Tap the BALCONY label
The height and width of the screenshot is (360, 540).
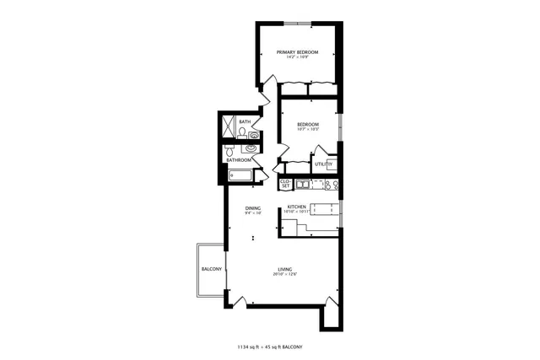[x=211, y=269]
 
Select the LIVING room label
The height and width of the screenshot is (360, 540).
[x=285, y=269]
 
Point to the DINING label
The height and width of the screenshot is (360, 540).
[x=253, y=207]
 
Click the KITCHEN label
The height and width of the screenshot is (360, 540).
[x=296, y=207]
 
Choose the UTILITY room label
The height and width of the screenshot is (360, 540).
[x=324, y=164]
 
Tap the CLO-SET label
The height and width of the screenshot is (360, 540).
[x=285, y=183]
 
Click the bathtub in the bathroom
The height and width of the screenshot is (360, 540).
[x=240, y=176]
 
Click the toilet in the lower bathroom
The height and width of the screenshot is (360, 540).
[x=228, y=151]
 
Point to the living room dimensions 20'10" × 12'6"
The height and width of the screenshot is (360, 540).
[x=285, y=275]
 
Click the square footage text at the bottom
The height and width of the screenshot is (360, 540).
[x=270, y=347]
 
